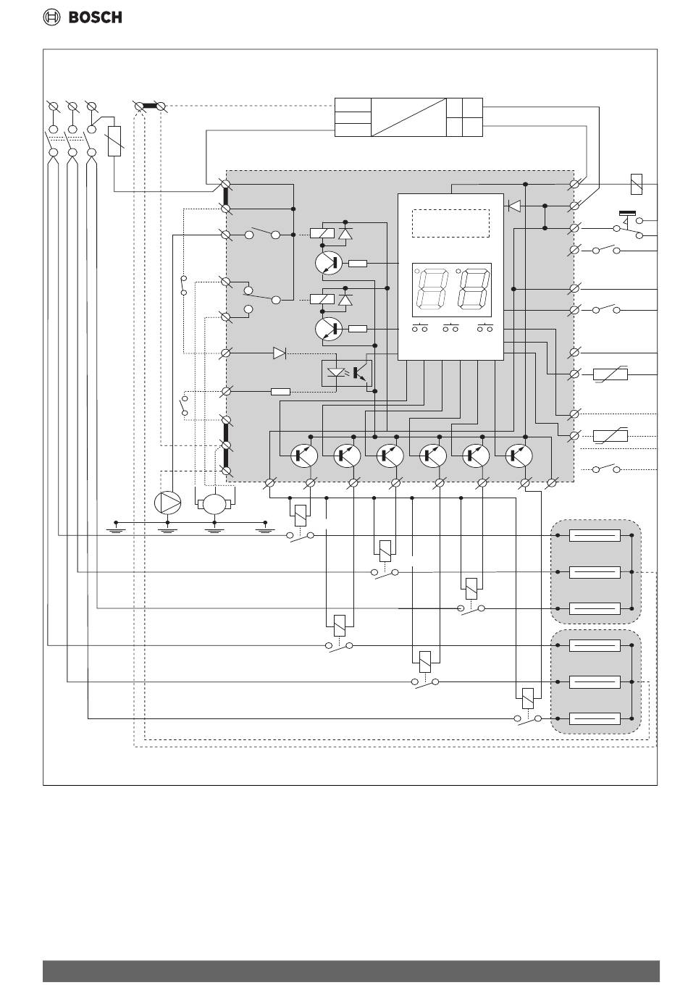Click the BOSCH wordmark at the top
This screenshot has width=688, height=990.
click(95, 17)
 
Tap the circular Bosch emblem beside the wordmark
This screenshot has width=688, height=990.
click(51, 17)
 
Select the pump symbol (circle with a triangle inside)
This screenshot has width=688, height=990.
click(167, 503)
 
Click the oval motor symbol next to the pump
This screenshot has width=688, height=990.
click(214, 504)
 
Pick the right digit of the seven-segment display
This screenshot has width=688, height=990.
click(473, 290)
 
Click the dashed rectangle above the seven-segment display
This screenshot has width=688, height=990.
click(450, 223)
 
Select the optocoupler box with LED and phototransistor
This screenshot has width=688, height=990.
click(346, 374)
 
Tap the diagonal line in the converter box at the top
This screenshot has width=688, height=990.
click(408, 117)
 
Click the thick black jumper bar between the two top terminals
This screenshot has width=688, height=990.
click(150, 106)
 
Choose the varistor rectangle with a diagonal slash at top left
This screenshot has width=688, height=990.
click(114, 141)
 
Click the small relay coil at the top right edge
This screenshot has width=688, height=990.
click(637, 184)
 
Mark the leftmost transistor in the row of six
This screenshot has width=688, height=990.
click(304, 456)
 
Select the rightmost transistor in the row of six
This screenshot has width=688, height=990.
click(519, 456)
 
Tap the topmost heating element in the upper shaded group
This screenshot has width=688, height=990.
click(595, 535)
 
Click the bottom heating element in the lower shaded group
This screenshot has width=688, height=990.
click(595, 718)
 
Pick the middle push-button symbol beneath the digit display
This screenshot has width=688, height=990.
click(450, 328)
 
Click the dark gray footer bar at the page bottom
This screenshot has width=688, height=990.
click(351, 970)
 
